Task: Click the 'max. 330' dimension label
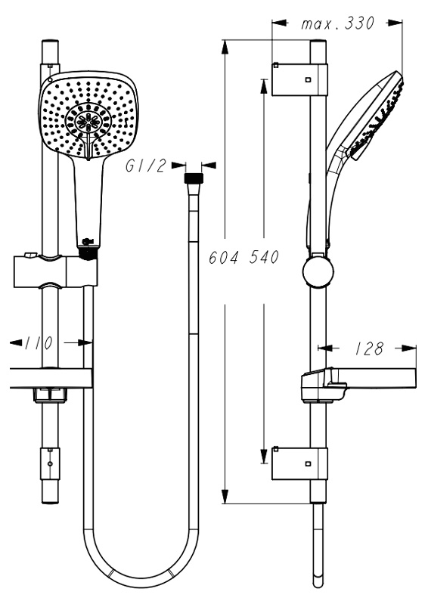pyautogui.click(x=337, y=24)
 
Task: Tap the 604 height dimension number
pyautogui.click(x=223, y=257)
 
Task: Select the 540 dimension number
pyautogui.click(x=264, y=257)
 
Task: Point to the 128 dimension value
pyautogui.click(x=369, y=348)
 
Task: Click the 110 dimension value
pyautogui.click(x=39, y=343)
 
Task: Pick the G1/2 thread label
pyautogui.click(x=146, y=166)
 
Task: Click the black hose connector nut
pyautogui.click(x=194, y=178)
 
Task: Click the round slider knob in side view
pyautogui.click(x=318, y=271)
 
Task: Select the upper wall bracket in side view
pyautogui.click(x=299, y=79)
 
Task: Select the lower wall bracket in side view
pyautogui.click(x=299, y=463)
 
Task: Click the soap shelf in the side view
pyautogui.click(x=358, y=384)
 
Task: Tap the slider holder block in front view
pyautogui.click(x=55, y=271)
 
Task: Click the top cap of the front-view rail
pyautogui.click(x=51, y=42)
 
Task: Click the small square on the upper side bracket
pyautogui.click(x=308, y=79)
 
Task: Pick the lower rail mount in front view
pyautogui.click(x=51, y=464)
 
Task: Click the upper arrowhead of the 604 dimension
pyautogui.click(x=225, y=47)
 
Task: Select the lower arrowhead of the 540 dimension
pyautogui.click(x=264, y=456)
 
